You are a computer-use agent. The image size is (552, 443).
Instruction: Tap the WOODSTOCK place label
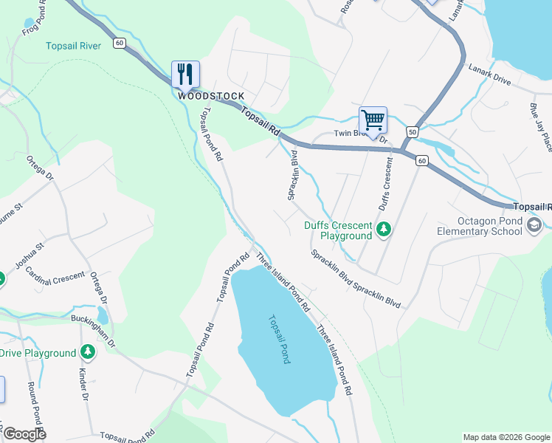pos(210,96)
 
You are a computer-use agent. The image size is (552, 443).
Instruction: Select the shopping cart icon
pos(373,120)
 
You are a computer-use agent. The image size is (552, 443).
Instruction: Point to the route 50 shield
pos(412,131)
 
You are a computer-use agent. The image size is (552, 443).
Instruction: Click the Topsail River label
pos(73,46)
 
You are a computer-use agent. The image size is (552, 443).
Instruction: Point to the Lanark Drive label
pos(489,73)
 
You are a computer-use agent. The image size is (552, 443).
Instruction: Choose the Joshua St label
pos(31,254)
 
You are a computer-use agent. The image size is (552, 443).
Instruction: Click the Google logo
pos(24,434)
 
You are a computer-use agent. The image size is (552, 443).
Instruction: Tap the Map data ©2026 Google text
pos(506,437)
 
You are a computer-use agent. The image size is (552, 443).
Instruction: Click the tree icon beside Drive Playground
pos(88,353)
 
